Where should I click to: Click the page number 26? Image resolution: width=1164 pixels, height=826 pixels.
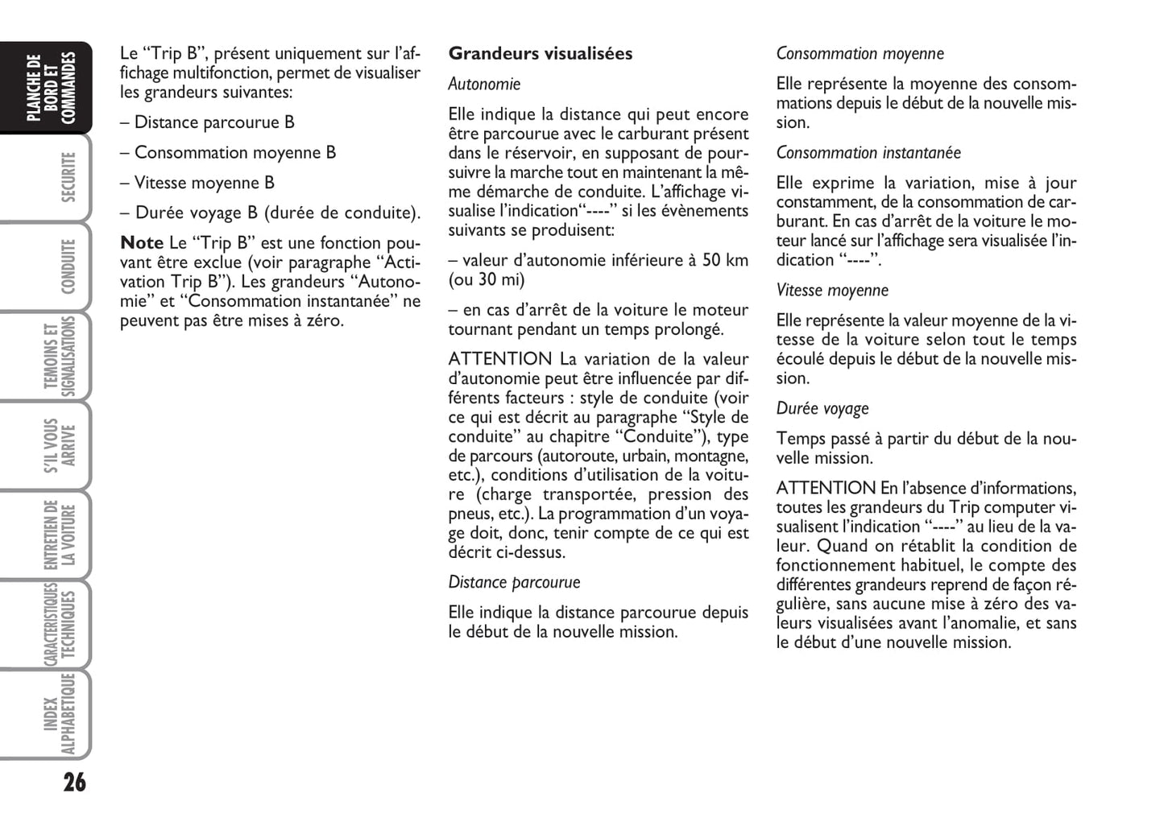[x=74, y=782]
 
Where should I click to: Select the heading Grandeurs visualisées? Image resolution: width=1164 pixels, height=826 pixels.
[x=541, y=54]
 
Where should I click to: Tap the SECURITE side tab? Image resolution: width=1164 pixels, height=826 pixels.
[x=68, y=177]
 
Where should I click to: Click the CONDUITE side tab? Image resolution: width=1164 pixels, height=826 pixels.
[x=68, y=266]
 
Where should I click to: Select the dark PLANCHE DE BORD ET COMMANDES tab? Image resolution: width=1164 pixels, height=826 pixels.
[x=50, y=89]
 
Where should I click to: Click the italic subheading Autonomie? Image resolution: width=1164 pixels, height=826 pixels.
[x=484, y=85]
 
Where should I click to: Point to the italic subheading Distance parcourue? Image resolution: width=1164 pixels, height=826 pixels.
[x=514, y=582]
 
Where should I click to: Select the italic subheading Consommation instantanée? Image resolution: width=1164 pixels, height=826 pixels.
[x=868, y=153]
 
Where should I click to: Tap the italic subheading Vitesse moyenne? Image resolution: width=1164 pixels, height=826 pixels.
[x=832, y=291]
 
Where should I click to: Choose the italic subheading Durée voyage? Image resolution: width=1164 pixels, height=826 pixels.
[x=822, y=409]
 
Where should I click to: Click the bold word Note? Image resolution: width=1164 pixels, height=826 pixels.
[x=142, y=243]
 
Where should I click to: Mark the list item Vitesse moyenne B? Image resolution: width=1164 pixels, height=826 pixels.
[x=204, y=183]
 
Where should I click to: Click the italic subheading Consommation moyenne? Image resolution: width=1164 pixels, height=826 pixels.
[x=860, y=54]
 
